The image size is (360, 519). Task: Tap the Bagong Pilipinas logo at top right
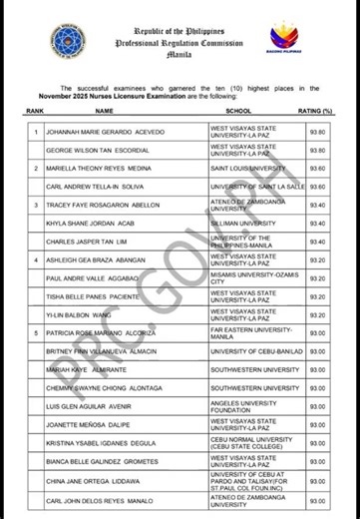[x=284, y=39]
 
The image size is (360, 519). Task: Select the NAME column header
[x=104, y=111]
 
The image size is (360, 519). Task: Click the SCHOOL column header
[x=237, y=111]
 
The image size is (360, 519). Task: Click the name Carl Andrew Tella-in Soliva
[x=88, y=186]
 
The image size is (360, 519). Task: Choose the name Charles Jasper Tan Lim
[x=82, y=242]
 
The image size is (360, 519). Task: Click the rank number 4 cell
[x=36, y=259]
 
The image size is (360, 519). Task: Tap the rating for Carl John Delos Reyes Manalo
[x=317, y=500]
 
